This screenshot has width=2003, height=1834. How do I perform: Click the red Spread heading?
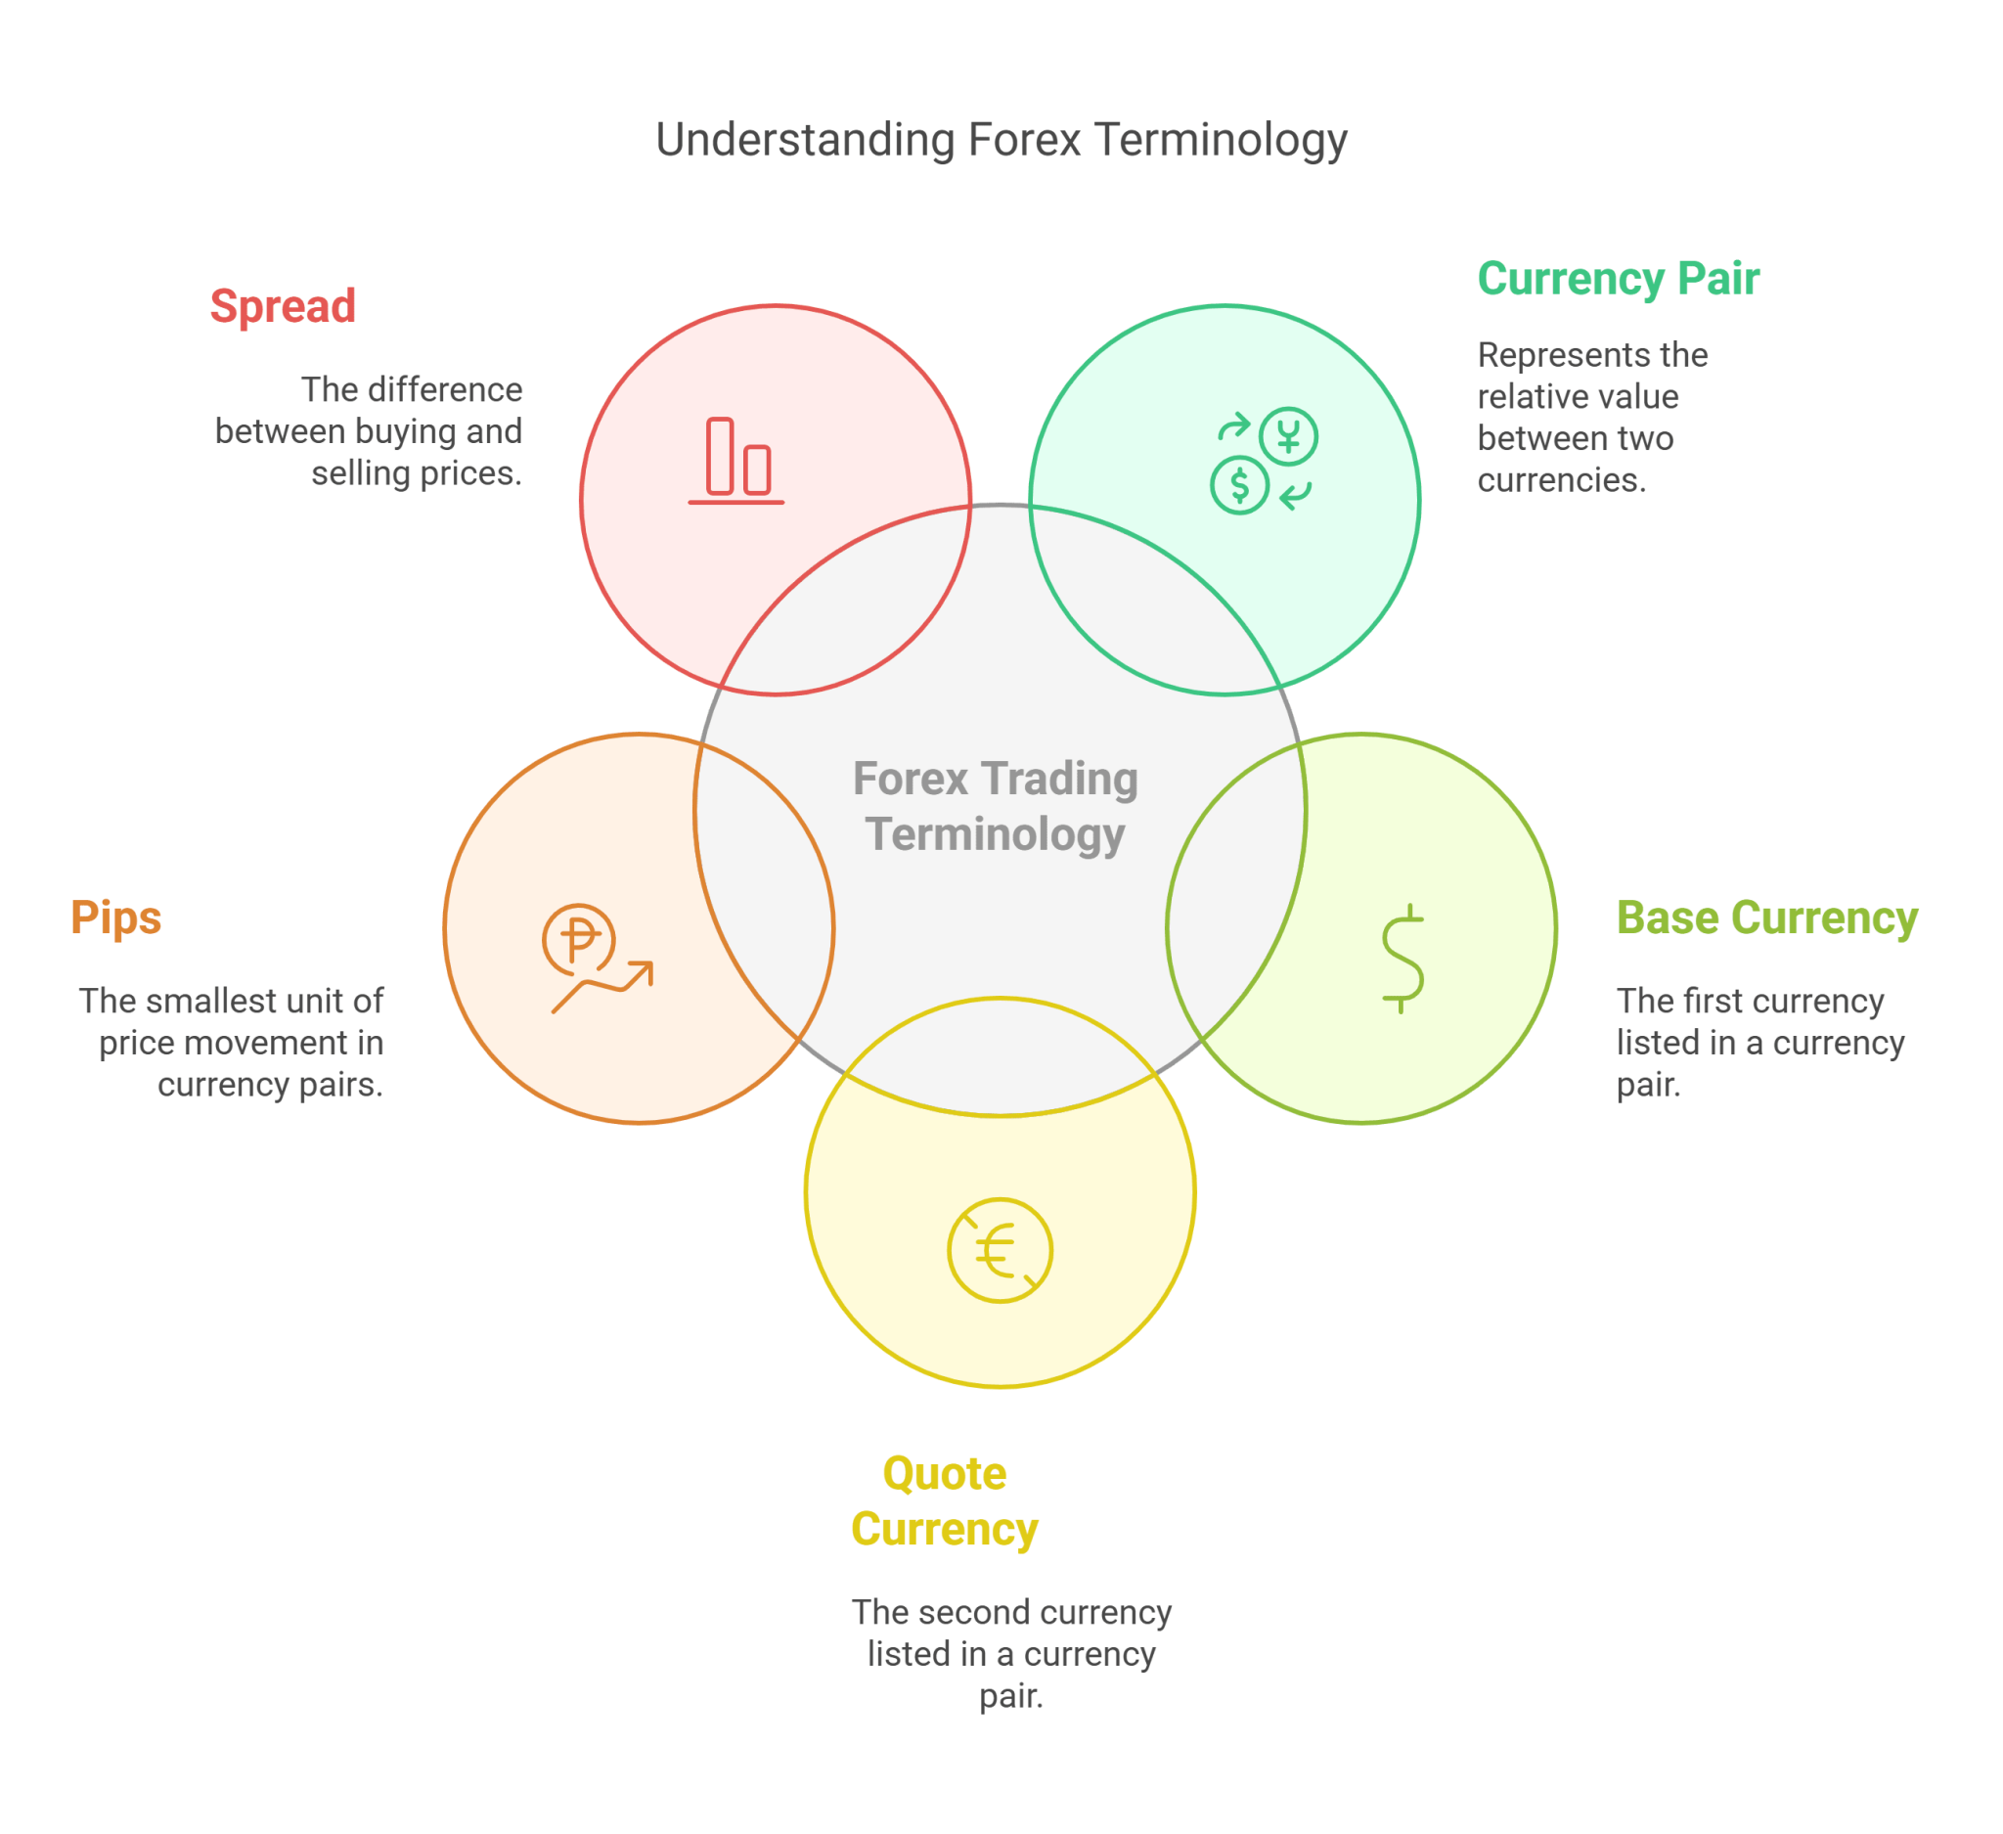point(284,306)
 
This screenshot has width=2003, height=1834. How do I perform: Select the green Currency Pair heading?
point(1618,279)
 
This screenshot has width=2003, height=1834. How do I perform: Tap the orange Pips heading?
point(116,918)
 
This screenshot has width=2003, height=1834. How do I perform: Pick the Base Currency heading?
point(1766,918)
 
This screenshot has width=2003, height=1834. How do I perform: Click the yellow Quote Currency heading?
point(944,1501)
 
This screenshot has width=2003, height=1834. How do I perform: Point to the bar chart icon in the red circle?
point(736,461)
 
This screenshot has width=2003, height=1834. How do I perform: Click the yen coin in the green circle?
point(1289,436)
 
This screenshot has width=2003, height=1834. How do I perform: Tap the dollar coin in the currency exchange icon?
point(1239,485)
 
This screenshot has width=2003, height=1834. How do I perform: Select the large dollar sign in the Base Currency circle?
point(1402,959)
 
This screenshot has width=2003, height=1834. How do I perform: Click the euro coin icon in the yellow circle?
point(1000,1250)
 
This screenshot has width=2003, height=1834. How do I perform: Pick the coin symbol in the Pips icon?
point(579,939)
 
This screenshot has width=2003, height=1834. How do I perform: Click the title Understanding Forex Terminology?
point(1001,140)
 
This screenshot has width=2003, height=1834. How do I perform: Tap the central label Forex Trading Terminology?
point(996,806)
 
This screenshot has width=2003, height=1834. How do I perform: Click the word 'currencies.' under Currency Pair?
point(1562,481)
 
